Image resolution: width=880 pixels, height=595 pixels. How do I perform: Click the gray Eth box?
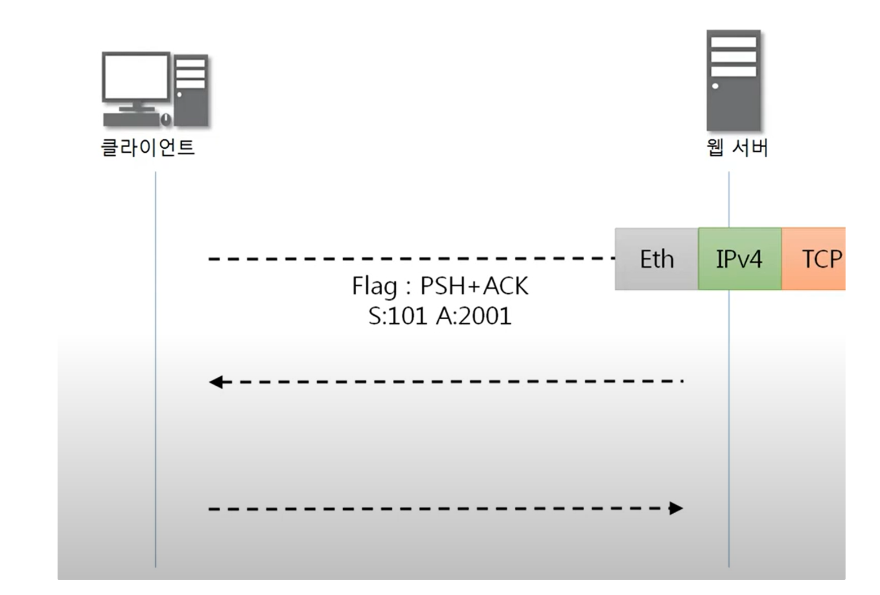click(x=656, y=259)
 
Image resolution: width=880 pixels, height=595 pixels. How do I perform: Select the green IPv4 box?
click(x=739, y=259)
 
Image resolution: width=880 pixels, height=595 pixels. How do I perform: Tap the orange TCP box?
click(x=815, y=259)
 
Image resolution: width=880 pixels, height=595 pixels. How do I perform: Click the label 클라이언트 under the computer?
click(x=148, y=147)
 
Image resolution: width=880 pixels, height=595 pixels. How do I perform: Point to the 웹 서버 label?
click(x=737, y=147)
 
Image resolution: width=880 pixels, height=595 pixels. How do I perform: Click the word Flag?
click(x=374, y=286)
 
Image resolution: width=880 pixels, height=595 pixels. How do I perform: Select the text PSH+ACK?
click(x=474, y=286)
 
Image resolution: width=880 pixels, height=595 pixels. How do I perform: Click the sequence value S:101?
click(x=397, y=316)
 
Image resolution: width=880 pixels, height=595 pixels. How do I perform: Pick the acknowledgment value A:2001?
click(x=474, y=316)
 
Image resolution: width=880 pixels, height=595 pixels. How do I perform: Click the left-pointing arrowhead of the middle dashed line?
click(x=216, y=382)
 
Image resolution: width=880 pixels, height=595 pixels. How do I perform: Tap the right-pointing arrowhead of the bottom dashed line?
click(x=676, y=508)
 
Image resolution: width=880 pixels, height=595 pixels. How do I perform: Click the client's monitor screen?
click(x=135, y=76)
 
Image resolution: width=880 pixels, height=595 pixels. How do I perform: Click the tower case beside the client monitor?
click(x=191, y=90)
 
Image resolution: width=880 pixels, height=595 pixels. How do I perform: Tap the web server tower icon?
click(x=733, y=81)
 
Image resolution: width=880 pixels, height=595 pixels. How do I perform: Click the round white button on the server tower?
click(x=715, y=86)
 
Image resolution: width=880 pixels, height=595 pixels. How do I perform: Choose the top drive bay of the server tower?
click(x=733, y=42)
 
